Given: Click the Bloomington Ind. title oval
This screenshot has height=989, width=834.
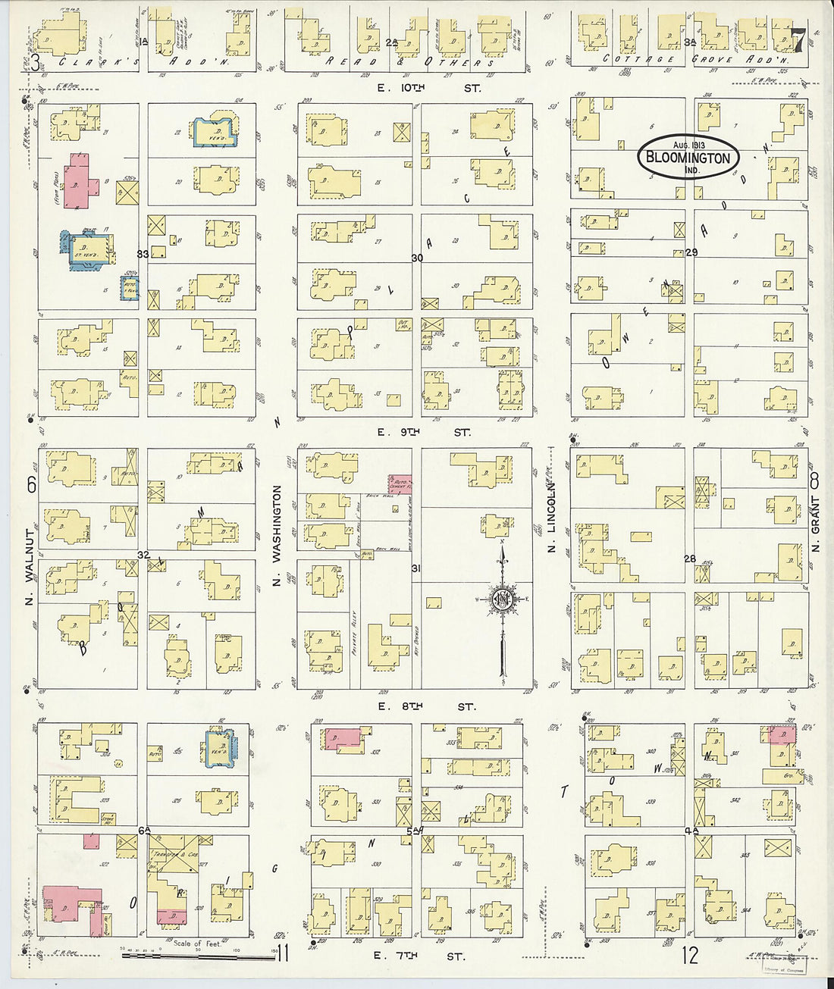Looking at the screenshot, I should pyautogui.click(x=688, y=158).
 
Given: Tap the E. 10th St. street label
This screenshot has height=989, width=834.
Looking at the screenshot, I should pyautogui.click(x=429, y=89).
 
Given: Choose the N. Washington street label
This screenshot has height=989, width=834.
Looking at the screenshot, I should pyautogui.click(x=277, y=536).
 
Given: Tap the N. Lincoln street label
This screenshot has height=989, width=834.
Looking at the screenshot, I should pyautogui.click(x=552, y=519).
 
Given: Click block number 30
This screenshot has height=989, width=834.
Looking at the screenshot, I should pyautogui.click(x=417, y=258).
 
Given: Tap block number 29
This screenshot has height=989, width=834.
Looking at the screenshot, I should pyautogui.click(x=691, y=252).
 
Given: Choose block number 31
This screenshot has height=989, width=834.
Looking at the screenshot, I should pyautogui.click(x=416, y=568).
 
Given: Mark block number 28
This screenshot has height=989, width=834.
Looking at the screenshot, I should pyautogui.click(x=690, y=559).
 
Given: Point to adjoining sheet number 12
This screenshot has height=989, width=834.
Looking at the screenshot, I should pyautogui.click(x=689, y=956).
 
